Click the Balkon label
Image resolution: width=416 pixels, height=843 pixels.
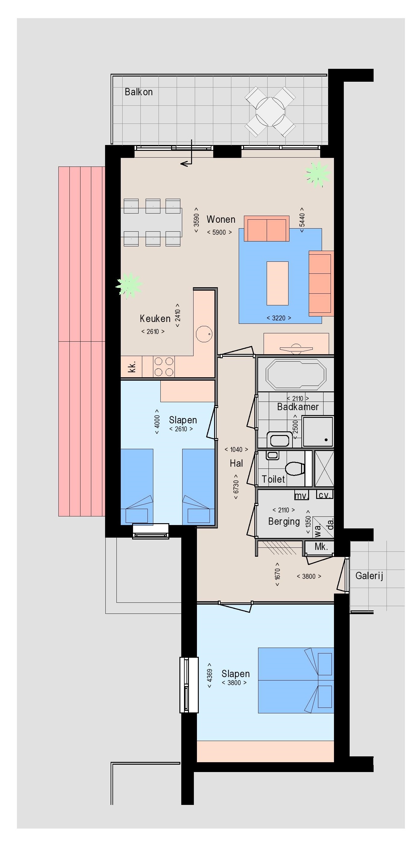[x=139, y=92]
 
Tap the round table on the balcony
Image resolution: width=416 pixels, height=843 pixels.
[x=270, y=112]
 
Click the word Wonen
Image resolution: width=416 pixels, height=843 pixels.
[x=221, y=219]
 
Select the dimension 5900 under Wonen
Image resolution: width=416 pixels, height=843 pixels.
[x=219, y=232]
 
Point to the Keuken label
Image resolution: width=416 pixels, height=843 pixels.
[x=155, y=318]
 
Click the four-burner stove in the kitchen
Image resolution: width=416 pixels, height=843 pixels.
[x=164, y=367]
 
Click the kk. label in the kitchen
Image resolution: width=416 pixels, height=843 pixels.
[x=132, y=367]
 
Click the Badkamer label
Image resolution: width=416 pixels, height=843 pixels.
[x=298, y=407]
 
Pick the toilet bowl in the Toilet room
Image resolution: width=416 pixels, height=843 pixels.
[x=294, y=468]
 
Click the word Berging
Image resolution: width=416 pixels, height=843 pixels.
[x=284, y=521]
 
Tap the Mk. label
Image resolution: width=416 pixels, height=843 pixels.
[x=321, y=546]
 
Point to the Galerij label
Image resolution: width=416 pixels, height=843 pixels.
[x=369, y=576]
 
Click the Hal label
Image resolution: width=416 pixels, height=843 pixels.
[x=236, y=463]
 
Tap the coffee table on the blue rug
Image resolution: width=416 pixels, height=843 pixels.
[x=277, y=283]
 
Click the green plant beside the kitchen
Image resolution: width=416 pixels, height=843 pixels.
[x=129, y=285]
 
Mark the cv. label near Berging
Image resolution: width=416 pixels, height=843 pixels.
[x=325, y=495]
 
